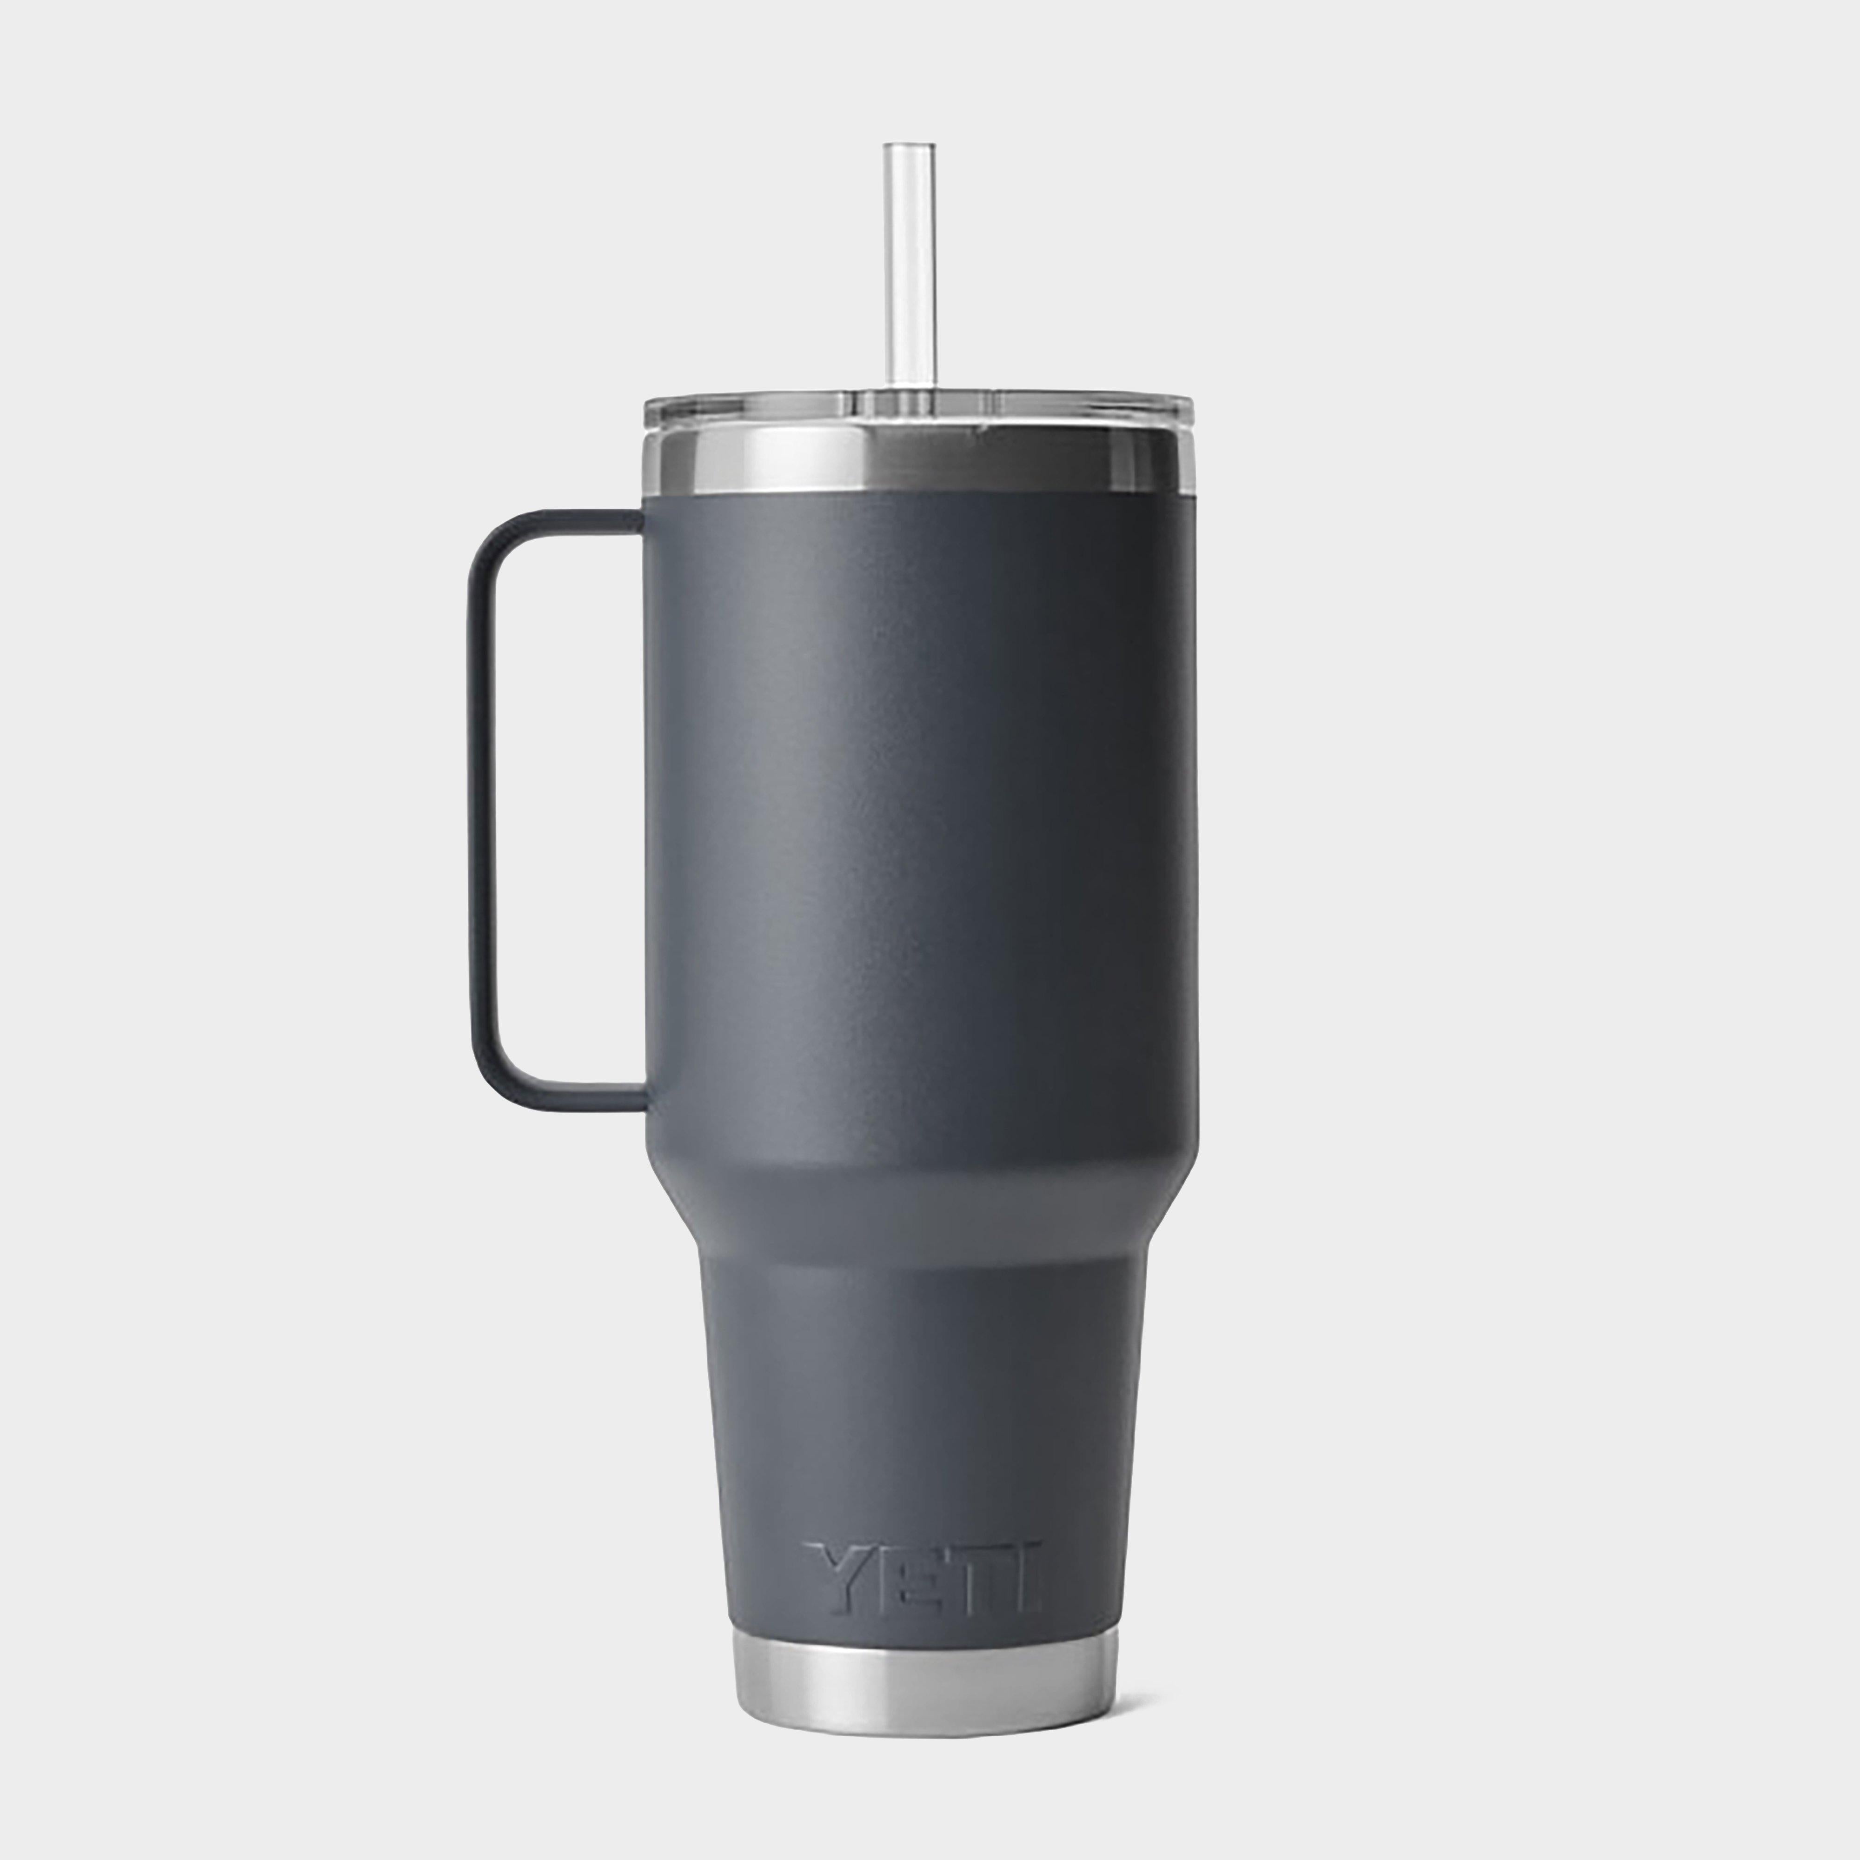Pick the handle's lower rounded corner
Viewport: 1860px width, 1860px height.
(x=491, y=1078)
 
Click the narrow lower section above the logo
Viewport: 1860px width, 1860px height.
(x=919, y=1396)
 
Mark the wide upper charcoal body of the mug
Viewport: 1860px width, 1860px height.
(x=919, y=818)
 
